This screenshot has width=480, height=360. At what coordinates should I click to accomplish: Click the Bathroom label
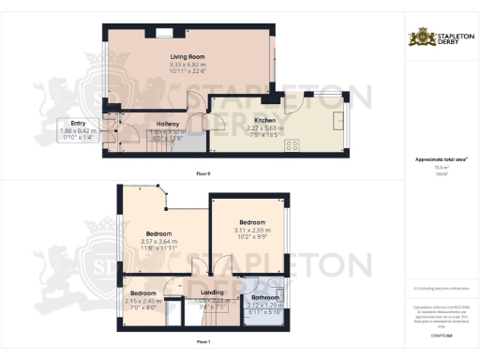click(266, 297)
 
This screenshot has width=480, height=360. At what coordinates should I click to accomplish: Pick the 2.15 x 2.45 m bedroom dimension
click(144, 301)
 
